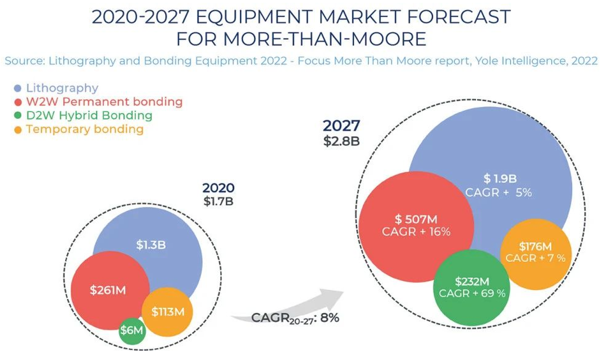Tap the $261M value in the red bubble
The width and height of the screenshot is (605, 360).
point(108,290)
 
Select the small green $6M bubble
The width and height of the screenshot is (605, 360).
point(132,330)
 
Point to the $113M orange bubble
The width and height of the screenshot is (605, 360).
point(168,311)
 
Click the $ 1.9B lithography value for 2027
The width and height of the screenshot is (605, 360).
point(499,178)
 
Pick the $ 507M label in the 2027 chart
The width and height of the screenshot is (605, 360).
point(415,218)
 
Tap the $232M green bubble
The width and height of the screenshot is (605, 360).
point(472,281)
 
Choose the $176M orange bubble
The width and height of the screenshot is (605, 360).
point(535,246)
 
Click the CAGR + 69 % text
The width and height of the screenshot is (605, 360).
point(472,294)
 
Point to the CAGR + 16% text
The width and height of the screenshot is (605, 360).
point(415,231)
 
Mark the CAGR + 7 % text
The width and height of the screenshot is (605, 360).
point(535,258)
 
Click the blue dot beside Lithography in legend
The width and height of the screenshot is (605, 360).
point(18,88)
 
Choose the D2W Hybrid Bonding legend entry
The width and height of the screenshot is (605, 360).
point(89,115)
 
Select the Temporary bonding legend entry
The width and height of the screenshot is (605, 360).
point(85,129)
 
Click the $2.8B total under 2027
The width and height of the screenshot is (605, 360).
point(341,141)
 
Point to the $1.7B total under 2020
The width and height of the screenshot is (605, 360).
point(219,201)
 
